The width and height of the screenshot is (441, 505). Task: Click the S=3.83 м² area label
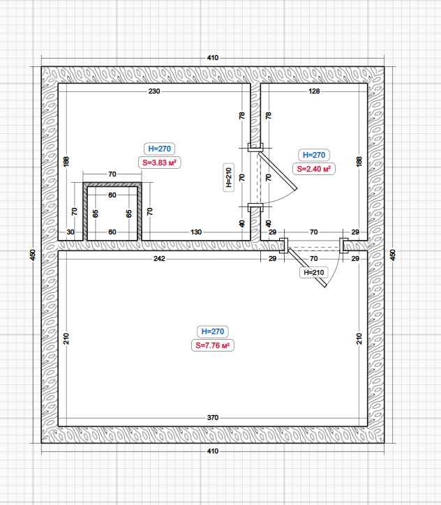point(160,163)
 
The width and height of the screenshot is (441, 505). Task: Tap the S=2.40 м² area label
point(314,169)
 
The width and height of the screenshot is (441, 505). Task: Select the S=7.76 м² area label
point(213,345)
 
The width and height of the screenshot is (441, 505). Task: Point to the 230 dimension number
point(154,91)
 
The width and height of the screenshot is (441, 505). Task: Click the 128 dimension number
point(314,91)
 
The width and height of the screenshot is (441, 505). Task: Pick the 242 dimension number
point(159,258)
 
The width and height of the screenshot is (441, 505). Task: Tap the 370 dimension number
point(213,417)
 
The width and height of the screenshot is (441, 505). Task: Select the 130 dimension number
point(196,232)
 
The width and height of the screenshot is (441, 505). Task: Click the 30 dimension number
point(70,232)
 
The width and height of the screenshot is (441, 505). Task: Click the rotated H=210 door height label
point(229,177)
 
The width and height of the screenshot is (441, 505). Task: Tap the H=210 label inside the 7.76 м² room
point(314,273)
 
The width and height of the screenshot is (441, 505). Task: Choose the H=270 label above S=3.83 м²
point(160,149)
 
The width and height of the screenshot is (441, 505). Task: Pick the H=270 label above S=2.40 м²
point(314,155)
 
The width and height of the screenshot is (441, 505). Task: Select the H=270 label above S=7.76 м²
point(213,331)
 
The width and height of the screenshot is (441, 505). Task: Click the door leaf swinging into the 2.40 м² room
point(277,171)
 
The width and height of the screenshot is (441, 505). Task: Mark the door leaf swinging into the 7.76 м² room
point(307,267)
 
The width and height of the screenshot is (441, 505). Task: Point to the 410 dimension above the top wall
point(213,58)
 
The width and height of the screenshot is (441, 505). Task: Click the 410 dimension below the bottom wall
point(213,451)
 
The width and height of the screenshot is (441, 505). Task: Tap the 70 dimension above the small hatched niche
point(112,174)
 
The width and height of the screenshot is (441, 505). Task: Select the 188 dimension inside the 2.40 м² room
point(359,161)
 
